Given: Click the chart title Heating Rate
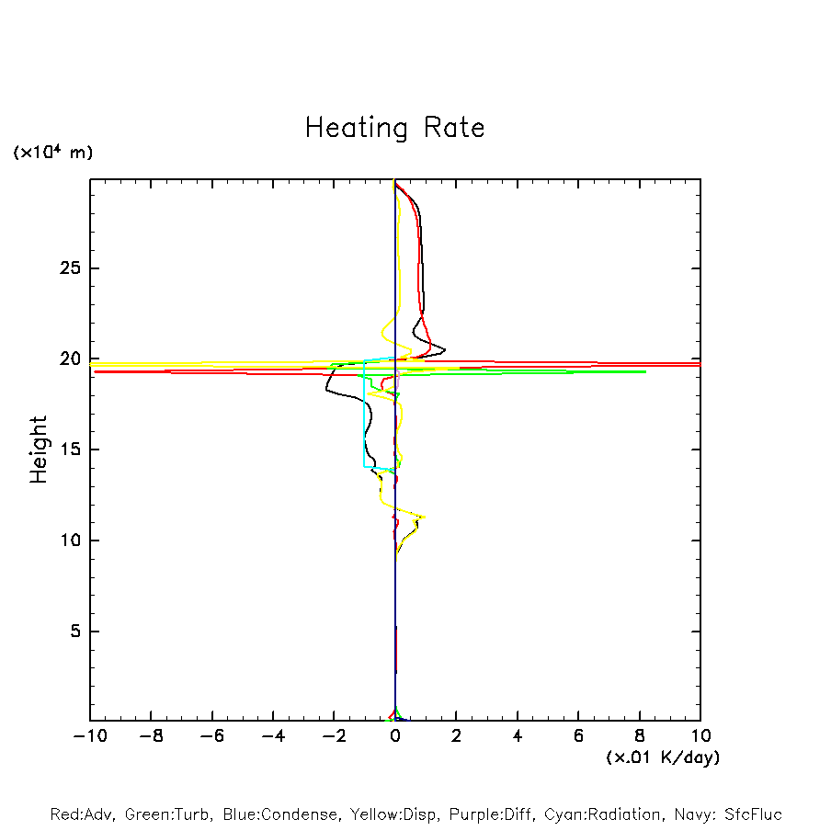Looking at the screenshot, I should [394, 128].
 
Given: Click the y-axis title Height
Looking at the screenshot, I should [39, 450].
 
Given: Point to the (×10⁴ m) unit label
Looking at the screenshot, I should [52, 153].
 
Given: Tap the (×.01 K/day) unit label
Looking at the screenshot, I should [662, 757].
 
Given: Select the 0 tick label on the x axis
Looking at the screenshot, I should [395, 736].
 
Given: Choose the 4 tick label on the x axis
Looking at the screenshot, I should [518, 736].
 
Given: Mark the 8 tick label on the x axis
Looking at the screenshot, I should [640, 736].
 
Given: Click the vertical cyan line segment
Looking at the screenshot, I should [365, 418].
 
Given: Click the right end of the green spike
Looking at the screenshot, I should [645, 371].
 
